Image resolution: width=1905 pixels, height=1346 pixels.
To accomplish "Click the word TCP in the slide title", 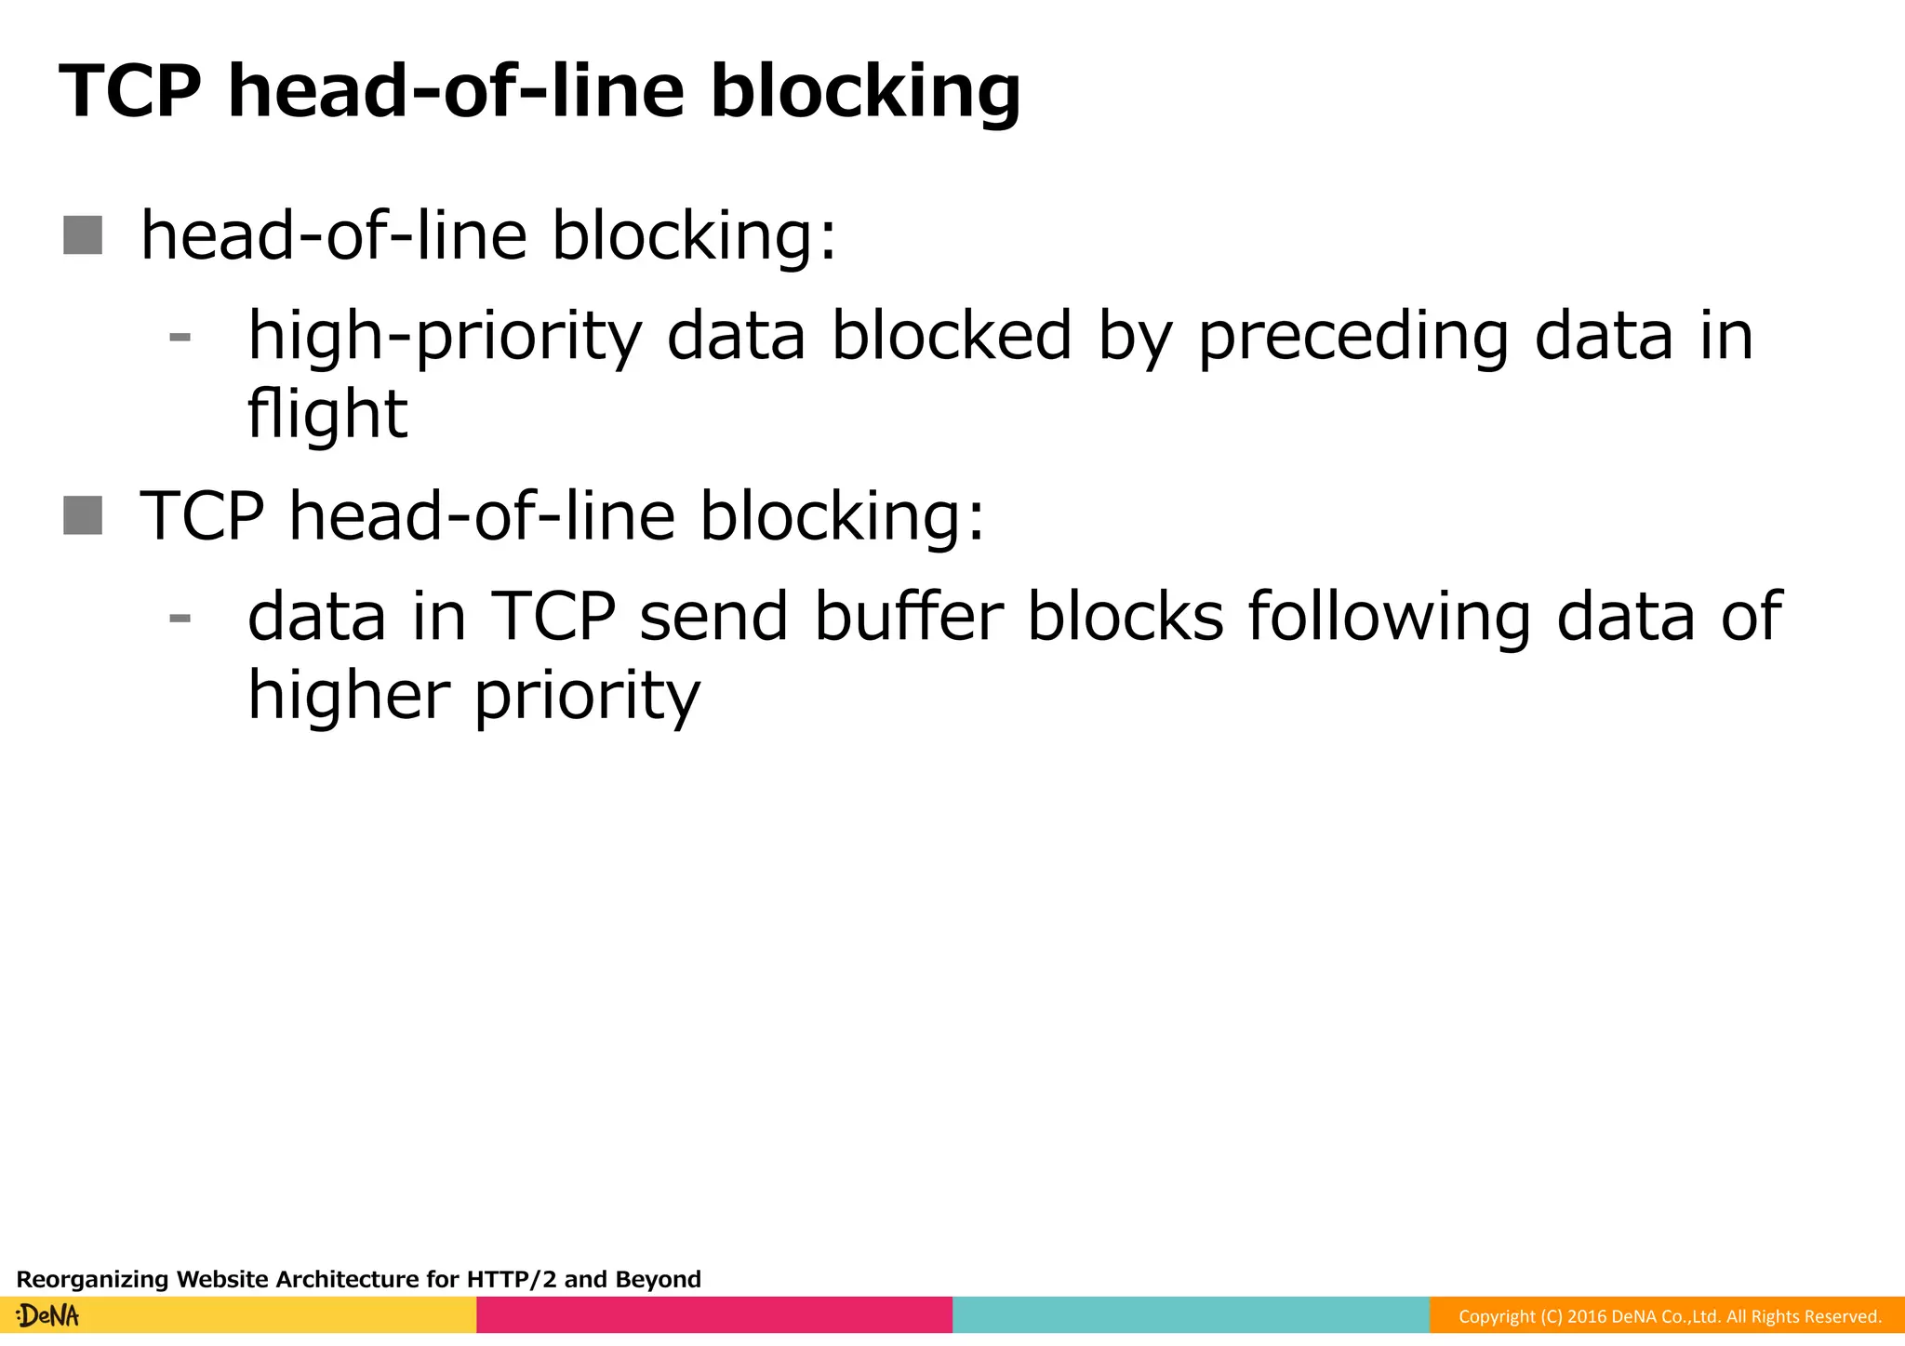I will point(129,91).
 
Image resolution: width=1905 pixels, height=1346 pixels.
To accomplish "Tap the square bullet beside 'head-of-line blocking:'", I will point(83,234).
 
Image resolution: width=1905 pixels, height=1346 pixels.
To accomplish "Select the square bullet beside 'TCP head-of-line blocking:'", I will point(83,515).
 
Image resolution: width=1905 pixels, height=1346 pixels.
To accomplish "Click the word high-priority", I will point(445,337).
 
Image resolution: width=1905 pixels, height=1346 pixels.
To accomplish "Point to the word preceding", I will point(1353,337).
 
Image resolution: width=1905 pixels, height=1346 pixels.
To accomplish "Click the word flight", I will point(326,414).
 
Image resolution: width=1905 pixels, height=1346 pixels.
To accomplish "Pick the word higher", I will point(348,696).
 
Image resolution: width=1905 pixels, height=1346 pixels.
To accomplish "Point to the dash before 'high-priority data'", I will point(180,338).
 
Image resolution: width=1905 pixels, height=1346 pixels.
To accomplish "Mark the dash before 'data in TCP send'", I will point(180,618).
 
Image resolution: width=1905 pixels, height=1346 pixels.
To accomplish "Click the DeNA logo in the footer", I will point(48,1315).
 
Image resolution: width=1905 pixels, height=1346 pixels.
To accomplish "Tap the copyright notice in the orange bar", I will point(1670,1316).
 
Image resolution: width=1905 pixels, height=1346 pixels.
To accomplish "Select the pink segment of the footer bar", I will point(714,1315).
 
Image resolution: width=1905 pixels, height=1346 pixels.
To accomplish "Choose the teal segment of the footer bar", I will point(1191,1315).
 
